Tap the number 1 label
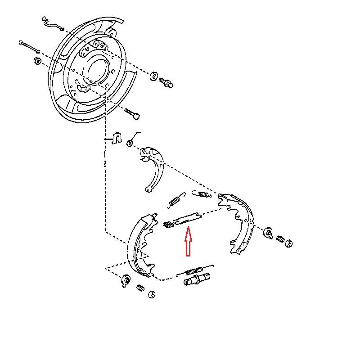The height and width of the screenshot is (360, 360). pyautogui.click(x=105, y=154)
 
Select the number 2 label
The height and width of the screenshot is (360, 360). pyautogui.click(x=105, y=164)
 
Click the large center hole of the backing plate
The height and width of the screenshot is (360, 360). pyautogui.click(x=98, y=70)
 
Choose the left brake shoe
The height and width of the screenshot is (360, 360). pyautogui.click(x=137, y=245)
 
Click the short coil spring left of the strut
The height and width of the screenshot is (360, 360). pyautogui.click(x=167, y=224)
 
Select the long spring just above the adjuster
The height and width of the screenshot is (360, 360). pyautogui.click(x=194, y=271)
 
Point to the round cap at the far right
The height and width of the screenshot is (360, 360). pyautogui.click(x=289, y=243)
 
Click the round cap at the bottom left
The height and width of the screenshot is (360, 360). pyautogui.click(x=152, y=294)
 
